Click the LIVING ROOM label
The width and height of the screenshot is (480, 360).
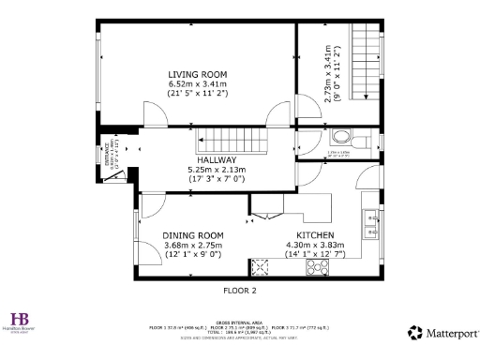coord(197,74)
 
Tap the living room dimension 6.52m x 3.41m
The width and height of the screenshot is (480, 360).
coord(197,83)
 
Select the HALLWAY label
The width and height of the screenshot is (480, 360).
coord(216,134)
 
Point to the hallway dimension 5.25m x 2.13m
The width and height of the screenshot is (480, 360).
coord(216,143)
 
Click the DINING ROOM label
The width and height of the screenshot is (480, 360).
coord(193,235)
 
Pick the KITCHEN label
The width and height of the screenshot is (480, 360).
coord(315,235)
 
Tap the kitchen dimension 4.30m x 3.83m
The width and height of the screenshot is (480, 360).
coord(315,245)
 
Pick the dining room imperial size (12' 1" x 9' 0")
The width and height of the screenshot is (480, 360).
coord(193,254)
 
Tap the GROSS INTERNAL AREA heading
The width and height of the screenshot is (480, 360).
coord(240,321)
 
